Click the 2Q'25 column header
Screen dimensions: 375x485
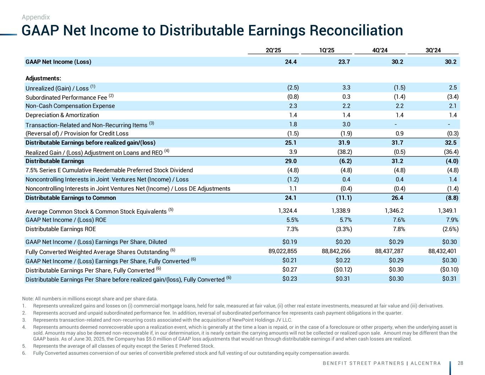coord(273,50)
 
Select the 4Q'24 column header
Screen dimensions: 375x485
coord(380,50)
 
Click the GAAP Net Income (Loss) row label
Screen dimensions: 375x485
coord(58,61)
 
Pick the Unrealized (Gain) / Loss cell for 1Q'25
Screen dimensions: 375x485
coord(346,87)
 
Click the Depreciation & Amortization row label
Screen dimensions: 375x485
coord(62,115)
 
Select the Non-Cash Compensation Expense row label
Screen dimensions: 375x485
coord(70,106)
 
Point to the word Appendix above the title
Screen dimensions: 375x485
coord(36,17)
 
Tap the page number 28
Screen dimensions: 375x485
coord(460,363)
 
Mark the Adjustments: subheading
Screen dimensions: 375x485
coord(43,78)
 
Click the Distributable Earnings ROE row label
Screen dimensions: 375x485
coord(60,229)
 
